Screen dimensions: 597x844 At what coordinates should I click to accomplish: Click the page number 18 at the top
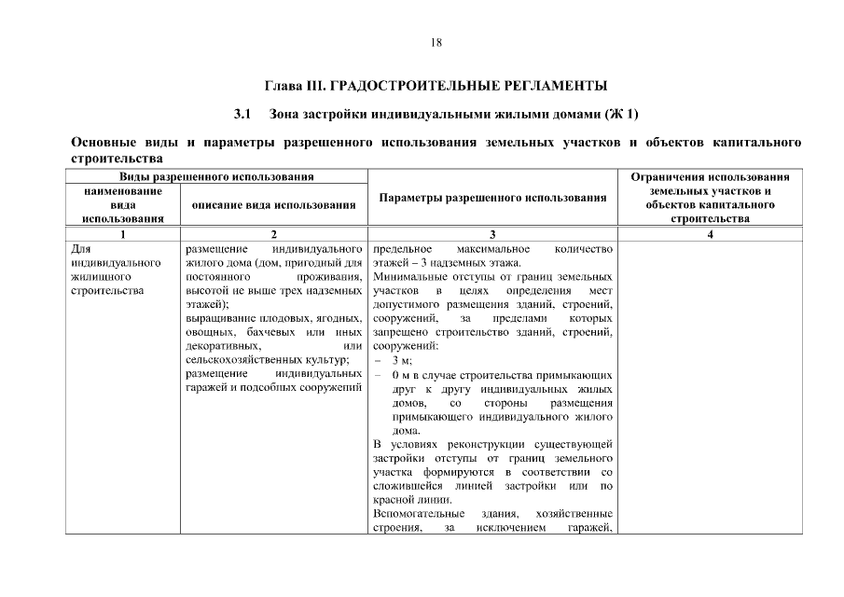point(436,42)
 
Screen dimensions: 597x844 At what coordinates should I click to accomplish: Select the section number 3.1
point(242,115)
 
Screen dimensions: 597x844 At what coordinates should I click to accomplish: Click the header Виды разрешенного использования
point(215,176)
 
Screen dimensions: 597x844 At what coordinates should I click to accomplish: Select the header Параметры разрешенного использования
point(492,198)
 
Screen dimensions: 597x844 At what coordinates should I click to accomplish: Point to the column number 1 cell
point(120,235)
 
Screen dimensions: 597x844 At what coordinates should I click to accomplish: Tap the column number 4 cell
point(710,235)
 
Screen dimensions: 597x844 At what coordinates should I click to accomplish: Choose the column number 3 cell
point(492,235)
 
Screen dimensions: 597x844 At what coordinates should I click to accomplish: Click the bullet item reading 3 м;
point(402,360)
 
